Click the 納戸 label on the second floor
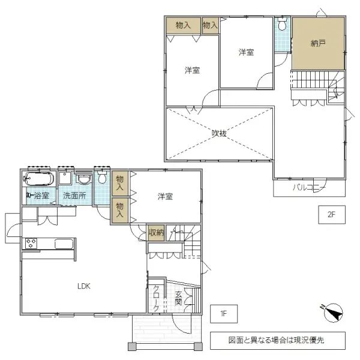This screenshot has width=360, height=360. click(318, 43)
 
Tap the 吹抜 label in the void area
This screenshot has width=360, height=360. click(219, 133)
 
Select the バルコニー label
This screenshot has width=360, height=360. click(309, 188)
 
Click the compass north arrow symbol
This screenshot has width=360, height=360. click(332, 313)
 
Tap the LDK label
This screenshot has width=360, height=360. click(83, 286)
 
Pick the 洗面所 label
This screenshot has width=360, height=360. click(75, 196)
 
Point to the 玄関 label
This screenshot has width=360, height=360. click(178, 298)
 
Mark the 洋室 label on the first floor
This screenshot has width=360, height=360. click(166, 196)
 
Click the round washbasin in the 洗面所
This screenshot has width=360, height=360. click(85, 179)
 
